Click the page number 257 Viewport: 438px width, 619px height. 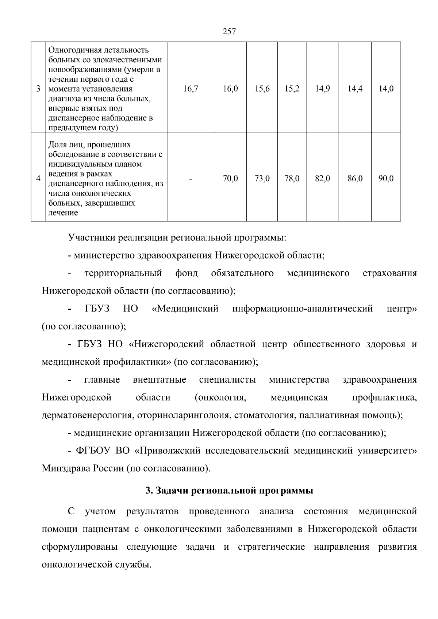click(229, 32)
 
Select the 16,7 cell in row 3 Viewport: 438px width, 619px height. click(191, 89)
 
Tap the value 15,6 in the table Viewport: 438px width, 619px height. click(262, 89)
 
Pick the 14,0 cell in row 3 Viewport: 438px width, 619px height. click(386, 89)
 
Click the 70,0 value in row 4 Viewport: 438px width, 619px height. click(230, 179)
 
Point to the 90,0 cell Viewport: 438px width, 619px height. click(386, 179)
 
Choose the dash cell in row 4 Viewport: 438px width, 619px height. click(191, 179)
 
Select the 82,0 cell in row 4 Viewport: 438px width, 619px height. click(322, 179)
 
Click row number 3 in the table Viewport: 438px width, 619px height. click(38, 89)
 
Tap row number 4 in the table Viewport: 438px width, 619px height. click(38, 179)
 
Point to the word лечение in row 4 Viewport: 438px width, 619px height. click(63, 213)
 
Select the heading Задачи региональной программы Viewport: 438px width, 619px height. click(229, 491)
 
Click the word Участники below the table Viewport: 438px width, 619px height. click(91, 238)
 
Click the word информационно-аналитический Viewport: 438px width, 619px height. click(302, 309)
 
